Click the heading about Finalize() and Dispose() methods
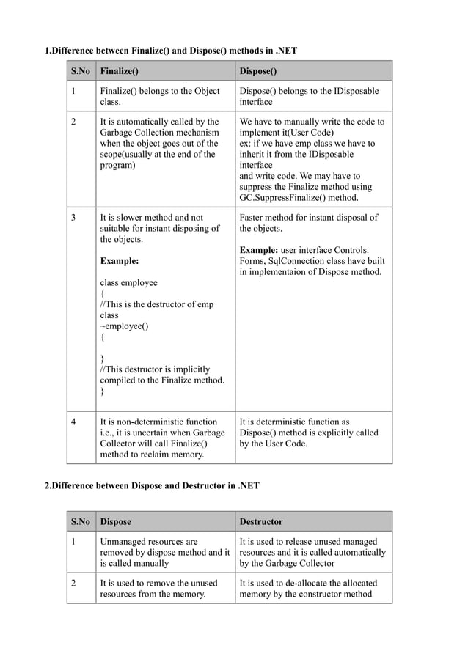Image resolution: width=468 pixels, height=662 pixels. pos(171,50)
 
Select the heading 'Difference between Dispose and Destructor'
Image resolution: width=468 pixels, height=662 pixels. pos(152,486)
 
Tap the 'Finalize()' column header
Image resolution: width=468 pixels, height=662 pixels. pos(119,71)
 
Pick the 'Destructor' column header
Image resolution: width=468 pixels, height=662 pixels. pos(261,522)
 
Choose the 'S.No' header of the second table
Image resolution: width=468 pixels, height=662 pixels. pos(81,522)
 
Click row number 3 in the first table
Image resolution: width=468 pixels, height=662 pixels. pos(73,217)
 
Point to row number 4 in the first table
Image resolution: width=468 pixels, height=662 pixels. pos(73,422)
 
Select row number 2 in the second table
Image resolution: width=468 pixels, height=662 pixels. pos(73,584)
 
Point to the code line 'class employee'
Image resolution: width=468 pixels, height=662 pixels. pos(128,282)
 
